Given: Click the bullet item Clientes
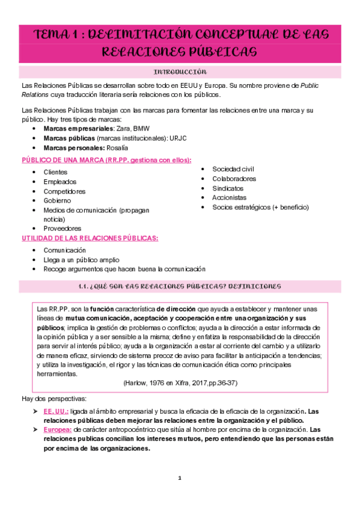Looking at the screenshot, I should point(55,172).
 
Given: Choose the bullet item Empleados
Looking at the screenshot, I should point(59,182).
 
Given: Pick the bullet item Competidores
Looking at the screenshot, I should point(64,191).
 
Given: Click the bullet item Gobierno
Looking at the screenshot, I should point(57,200).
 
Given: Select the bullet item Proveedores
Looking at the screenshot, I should point(63,229).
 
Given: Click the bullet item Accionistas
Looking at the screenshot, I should point(229,197).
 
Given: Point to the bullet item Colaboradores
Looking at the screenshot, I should point(234,179).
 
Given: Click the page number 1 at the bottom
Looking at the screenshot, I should point(179,478).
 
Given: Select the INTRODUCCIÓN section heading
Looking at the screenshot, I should point(180,72).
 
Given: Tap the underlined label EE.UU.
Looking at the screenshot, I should point(56,411).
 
